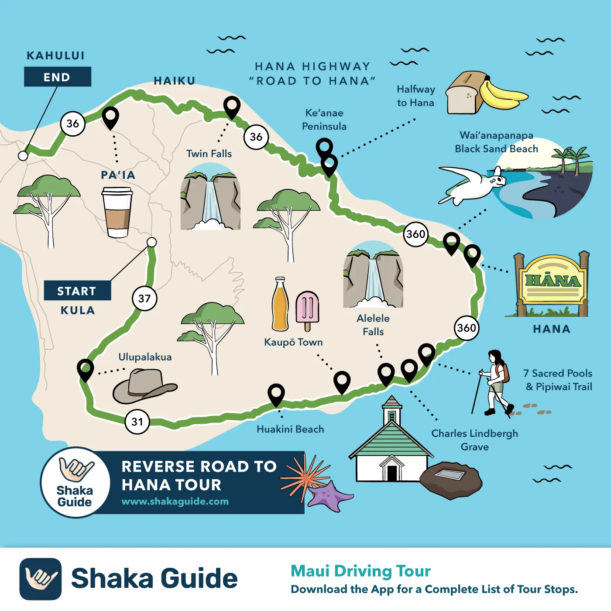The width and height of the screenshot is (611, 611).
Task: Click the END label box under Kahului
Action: [57, 77]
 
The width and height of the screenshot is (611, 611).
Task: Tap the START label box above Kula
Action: [77, 291]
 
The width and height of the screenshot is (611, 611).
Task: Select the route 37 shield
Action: [144, 299]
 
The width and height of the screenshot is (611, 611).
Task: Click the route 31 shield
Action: [137, 422]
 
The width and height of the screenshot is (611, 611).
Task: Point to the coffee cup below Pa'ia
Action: [117, 212]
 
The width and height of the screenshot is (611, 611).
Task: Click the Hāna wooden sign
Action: [552, 284]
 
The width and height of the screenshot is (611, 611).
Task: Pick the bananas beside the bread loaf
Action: [502, 95]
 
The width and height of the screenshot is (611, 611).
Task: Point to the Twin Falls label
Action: [209, 154]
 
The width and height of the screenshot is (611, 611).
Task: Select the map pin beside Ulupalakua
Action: [85, 369]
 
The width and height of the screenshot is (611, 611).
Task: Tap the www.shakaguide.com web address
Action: [175, 501]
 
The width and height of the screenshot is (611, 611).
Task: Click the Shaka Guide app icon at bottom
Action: [41, 579]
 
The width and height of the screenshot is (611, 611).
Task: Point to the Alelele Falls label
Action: [373, 325]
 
